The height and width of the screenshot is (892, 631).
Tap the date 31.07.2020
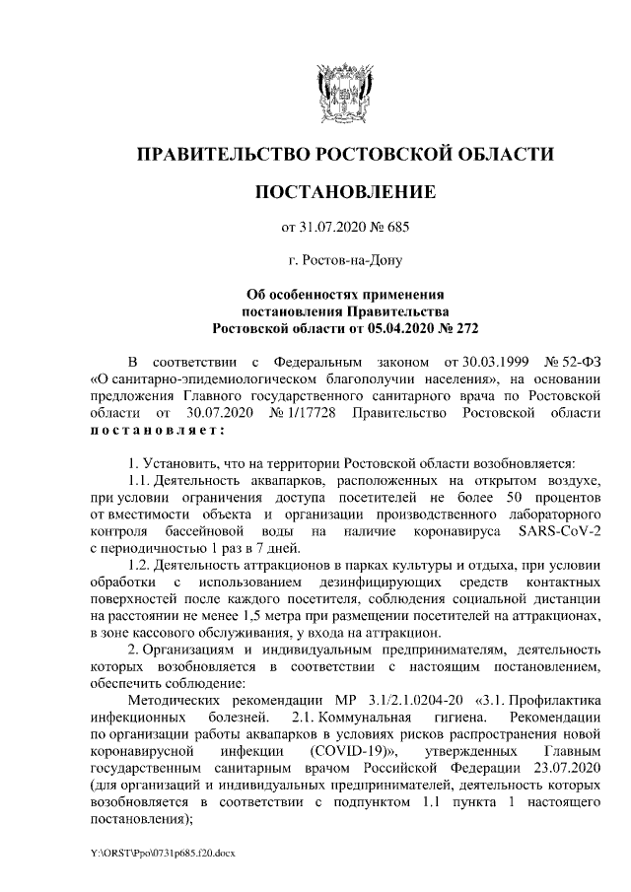click(x=330, y=228)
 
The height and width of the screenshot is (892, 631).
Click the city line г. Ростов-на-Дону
click(x=345, y=260)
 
